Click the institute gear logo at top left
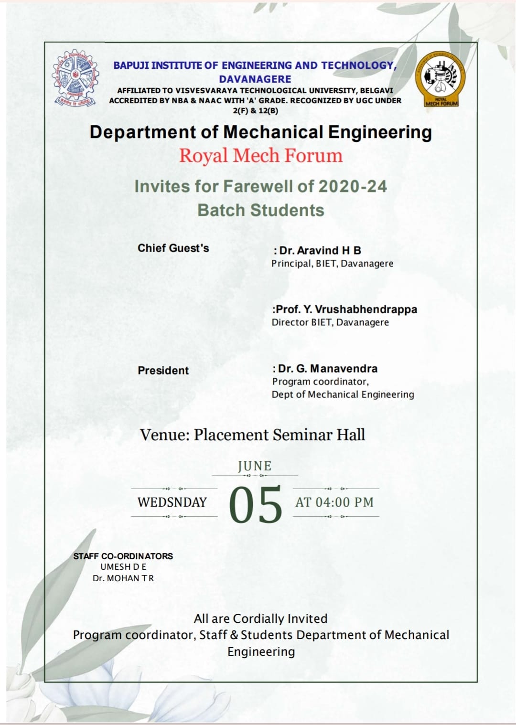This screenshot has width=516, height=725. point(75,78)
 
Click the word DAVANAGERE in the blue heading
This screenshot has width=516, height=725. point(255,79)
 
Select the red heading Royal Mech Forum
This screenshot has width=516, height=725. point(261,156)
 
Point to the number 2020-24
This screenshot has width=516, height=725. point(353,186)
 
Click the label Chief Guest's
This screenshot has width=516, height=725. point(173,248)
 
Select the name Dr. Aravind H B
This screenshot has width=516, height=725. point(320,250)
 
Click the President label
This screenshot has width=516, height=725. point(163,370)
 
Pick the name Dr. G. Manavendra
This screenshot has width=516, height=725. point(327,369)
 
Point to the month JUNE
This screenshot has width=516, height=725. point(255,466)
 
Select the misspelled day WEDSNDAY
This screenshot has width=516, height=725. point(172,502)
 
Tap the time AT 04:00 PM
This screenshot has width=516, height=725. point(334,502)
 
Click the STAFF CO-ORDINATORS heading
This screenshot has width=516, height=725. point(123,556)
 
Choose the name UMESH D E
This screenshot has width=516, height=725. point(123,567)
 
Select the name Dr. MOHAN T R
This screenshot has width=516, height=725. point(123,578)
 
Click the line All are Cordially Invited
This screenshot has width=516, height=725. point(261,618)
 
